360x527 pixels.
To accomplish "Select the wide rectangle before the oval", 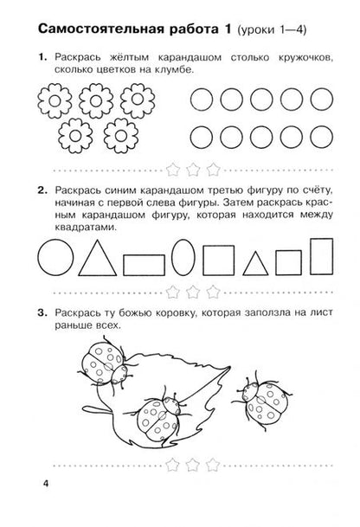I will pos(142,261).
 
